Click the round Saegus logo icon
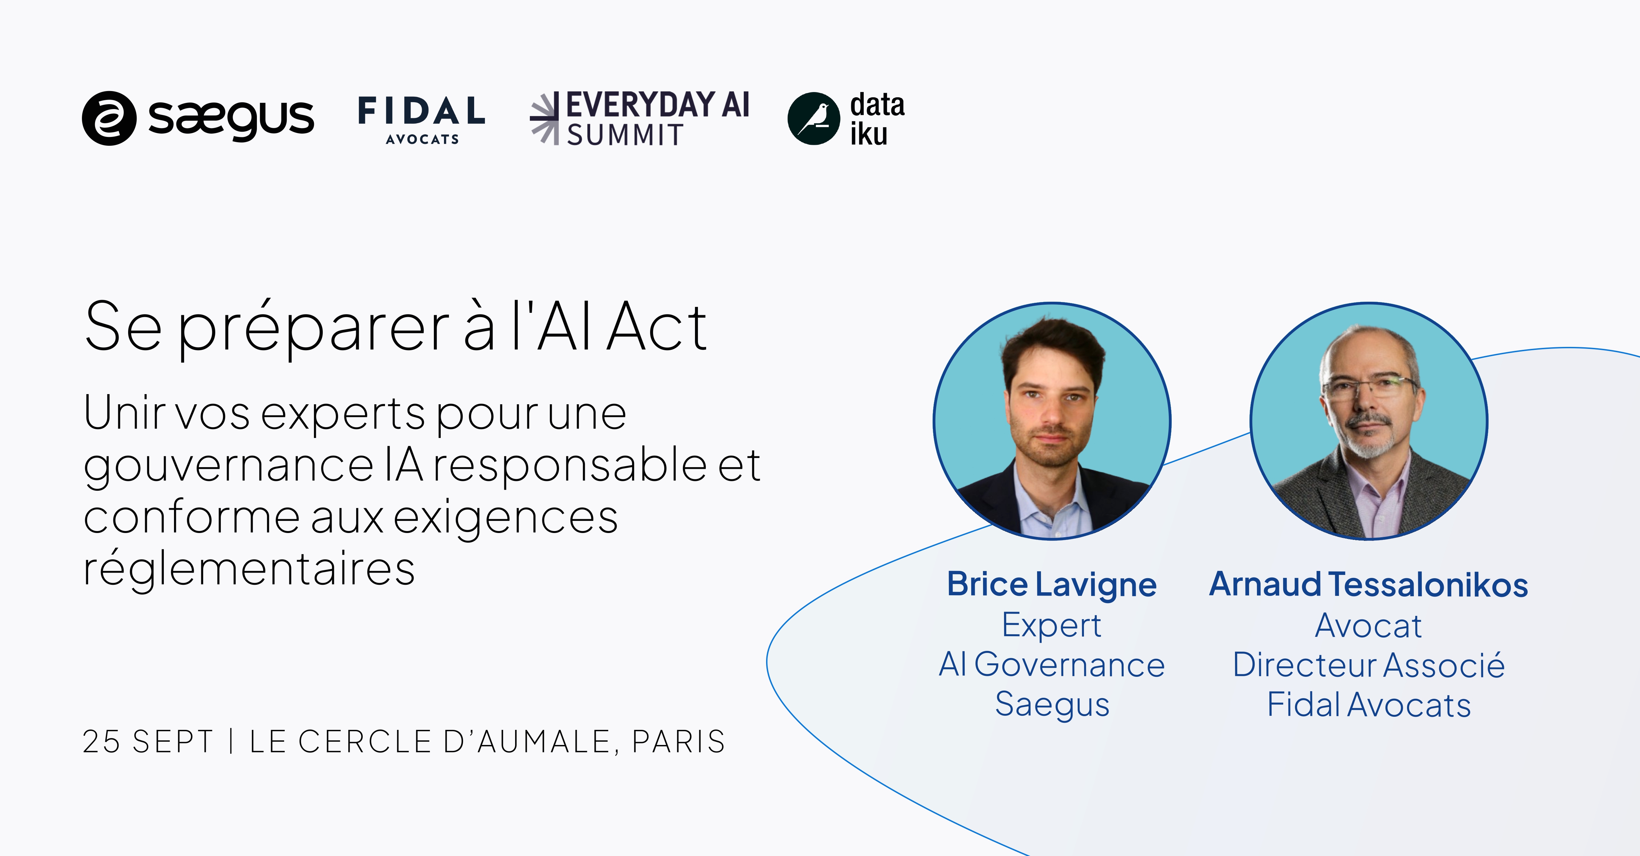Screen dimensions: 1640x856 point(109,118)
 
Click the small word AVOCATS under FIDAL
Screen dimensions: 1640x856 point(422,139)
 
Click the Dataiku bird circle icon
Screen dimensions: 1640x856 point(814,118)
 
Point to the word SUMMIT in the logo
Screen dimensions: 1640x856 point(625,135)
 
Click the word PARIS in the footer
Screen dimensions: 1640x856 point(679,741)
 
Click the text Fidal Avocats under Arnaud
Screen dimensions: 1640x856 point(1369,705)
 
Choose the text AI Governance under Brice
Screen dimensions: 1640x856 point(1052,664)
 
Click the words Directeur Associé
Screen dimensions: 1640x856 point(1369,665)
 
